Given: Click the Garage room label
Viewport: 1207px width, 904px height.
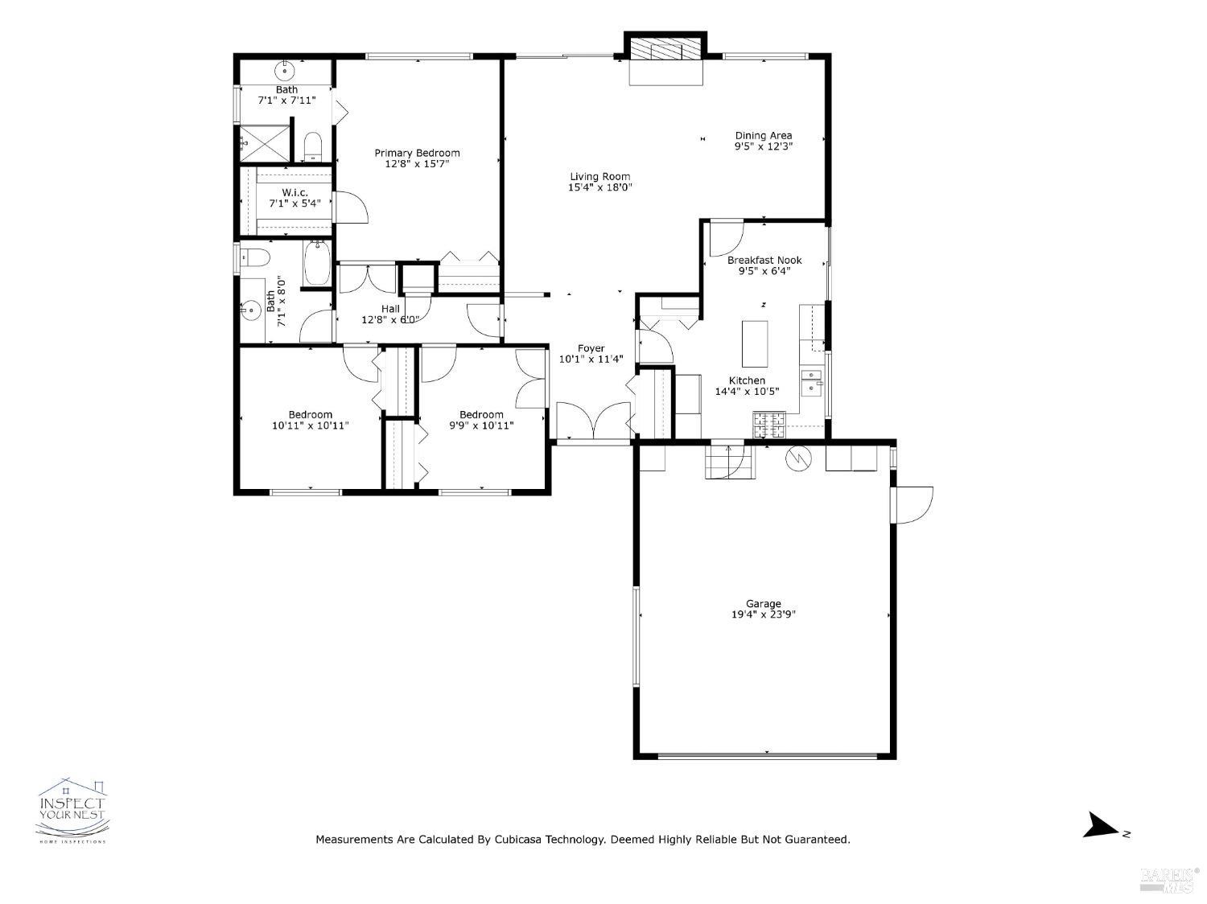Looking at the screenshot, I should (x=763, y=603).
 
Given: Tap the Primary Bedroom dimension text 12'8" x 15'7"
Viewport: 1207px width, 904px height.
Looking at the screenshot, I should (x=417, y=164).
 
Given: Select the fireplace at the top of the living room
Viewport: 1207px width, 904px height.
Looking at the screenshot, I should (x=665, y=60).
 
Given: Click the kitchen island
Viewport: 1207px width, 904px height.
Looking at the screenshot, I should (x=755, y=343).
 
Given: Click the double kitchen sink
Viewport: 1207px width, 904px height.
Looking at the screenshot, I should (x=811, y=385).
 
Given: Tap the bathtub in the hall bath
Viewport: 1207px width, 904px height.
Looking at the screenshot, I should (x=317, y=263).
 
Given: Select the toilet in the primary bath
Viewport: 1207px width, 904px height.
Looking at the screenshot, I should (x=312, y=147).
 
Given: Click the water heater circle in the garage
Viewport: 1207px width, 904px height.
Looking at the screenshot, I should (x=798, y=458).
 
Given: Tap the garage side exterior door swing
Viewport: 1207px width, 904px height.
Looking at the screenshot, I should (x=912, y=505).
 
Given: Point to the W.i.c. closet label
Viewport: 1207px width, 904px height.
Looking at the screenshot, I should (x=295, y=192).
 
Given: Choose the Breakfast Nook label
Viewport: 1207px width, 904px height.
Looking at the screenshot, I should (x=764, y=260).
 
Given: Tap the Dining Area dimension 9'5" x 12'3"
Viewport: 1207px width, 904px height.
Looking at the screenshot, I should (x=763, y=146).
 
